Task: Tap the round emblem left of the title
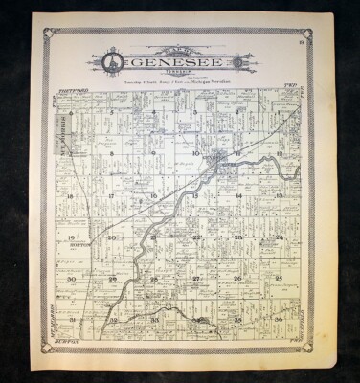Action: click(111, 62)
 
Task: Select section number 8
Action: click(113, 154)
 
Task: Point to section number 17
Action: click(113, 195)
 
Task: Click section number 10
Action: click(195, 154)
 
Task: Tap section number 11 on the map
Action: click(236, 154)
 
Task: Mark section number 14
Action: click(236, 195)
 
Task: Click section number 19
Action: click(72, 237)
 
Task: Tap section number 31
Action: click(72, 319)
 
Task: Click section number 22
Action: click(196, 237)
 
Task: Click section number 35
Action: click(236, 319)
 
